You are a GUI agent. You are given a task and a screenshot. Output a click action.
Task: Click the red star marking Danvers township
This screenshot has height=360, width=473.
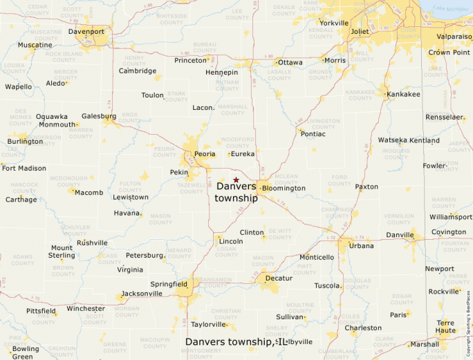pyautogui.click(x=236, y=180)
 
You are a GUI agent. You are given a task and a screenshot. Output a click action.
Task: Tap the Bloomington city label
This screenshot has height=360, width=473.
pyautogui.click(x=284, y=188)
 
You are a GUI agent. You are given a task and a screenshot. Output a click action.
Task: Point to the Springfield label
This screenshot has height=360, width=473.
pyautogui.click(x=169, y=283)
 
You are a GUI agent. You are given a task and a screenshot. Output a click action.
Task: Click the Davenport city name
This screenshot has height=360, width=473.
pyautogui.click(x=86, y=32)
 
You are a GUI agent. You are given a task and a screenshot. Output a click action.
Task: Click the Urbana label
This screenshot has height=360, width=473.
pyautogui.click(x=361, y=246)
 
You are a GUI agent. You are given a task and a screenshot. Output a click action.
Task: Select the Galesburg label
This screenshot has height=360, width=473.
pyautogui.click(x=94, y=116)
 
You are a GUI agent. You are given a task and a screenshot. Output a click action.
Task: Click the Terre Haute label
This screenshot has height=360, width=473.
pyautogui.click(x=445, y=326)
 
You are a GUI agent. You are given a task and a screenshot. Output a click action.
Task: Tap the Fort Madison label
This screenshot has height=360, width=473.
pyautogui.click(x=24, y=168)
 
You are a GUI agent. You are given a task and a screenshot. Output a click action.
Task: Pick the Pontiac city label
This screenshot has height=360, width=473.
pyautogui.click(x=313, y=133)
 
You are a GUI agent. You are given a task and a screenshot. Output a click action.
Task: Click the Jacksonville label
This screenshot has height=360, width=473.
pyautogui.click(x=142, y=293)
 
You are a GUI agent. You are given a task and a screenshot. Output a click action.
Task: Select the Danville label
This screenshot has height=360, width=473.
pyautogui.click(x=399, y=236)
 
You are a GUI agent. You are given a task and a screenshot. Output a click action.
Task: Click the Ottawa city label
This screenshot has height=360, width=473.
pyautogui.click(x=290, y=62)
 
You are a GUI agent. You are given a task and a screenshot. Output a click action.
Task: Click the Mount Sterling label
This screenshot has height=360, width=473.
pyautogui.click(x=62, y=252)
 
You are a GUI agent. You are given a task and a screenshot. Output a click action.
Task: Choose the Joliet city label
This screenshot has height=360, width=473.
pyautogui.click(x=360, y=32)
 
